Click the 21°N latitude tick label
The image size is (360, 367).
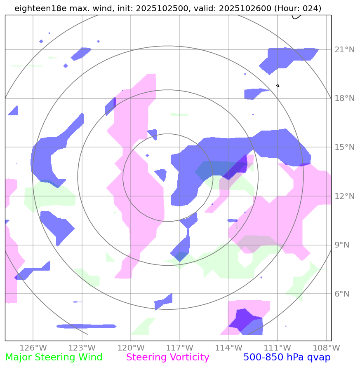coord(344,50)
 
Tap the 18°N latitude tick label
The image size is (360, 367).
coord(344,98)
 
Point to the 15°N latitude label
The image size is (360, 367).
coord(344,147)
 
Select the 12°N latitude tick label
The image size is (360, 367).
coord(344,196)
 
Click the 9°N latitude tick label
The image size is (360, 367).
coord(342,245)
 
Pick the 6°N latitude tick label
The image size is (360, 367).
coord(342,294)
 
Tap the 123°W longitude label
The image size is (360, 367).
coord(82,347)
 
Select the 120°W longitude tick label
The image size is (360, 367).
coord(131,347)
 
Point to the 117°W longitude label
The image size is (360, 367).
coord(179,347)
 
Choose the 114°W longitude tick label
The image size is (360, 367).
coord(228,347)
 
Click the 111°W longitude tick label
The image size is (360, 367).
coord(277,347)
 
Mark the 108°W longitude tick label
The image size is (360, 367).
coord(325,347)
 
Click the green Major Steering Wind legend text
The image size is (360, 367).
coord(54,358)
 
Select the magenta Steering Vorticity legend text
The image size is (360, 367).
coord(168,358)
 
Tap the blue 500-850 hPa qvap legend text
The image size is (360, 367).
coord(287,358)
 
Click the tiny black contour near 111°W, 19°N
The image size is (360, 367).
coord(278,85)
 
